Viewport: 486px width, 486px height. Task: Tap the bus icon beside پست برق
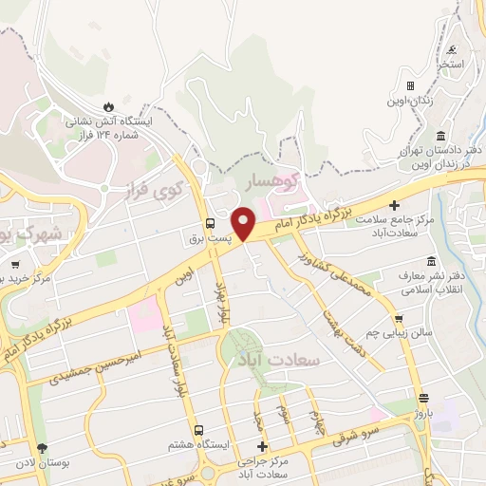click(209, 224)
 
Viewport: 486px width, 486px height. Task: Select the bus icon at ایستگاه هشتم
click(198, 430)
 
